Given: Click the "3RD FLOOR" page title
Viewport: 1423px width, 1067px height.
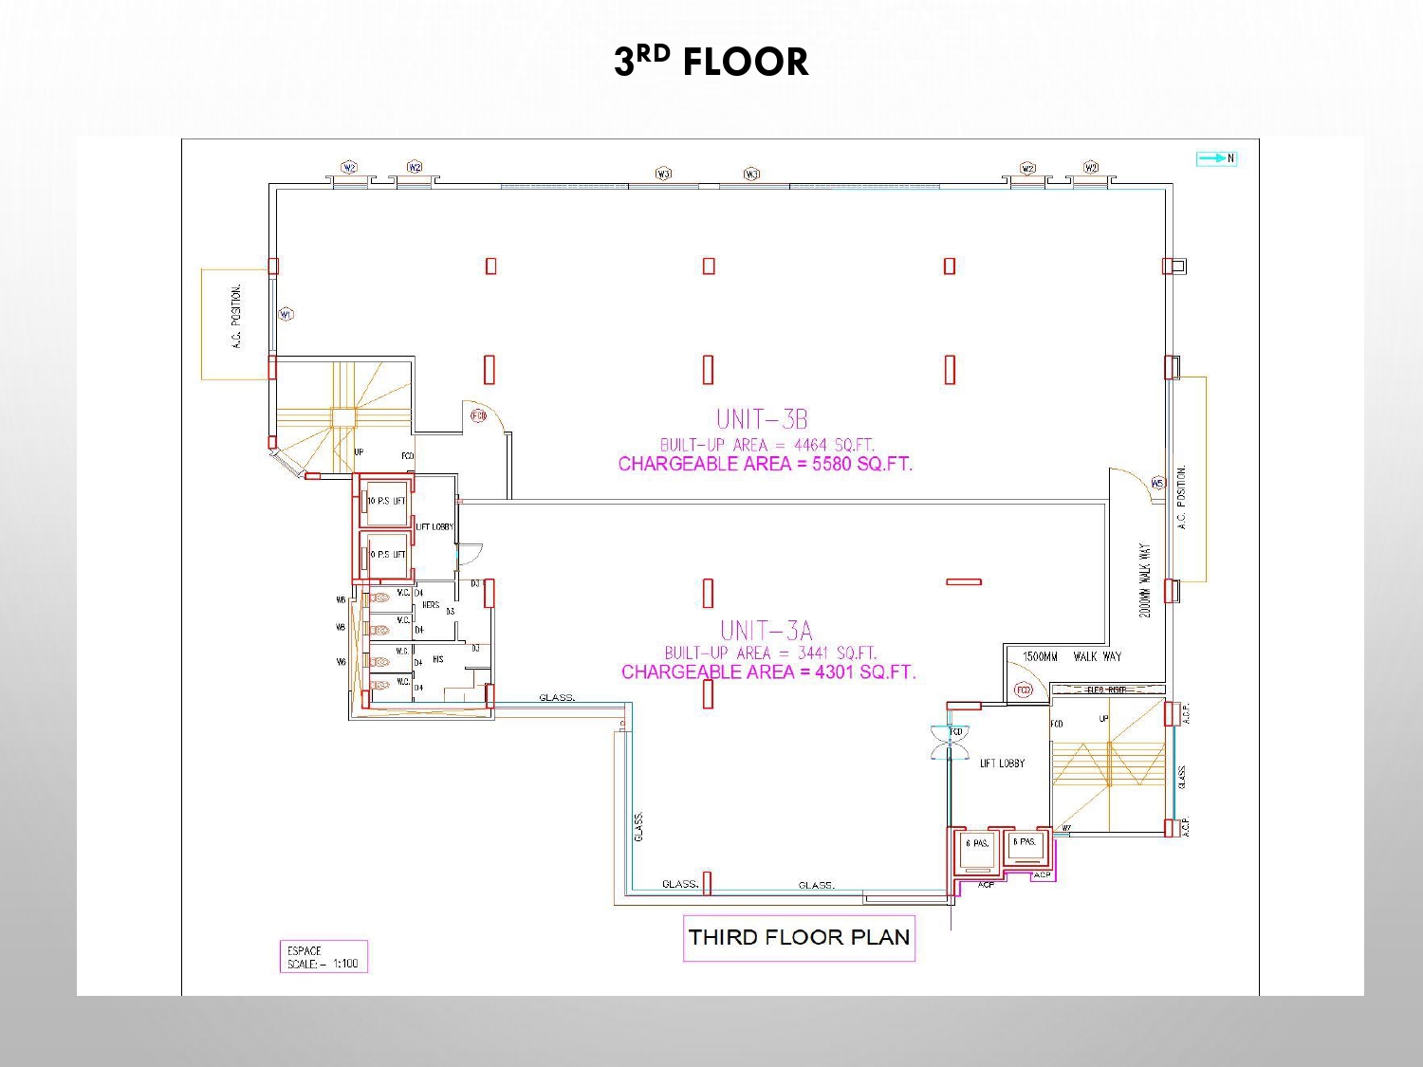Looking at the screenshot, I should tap(711, 62).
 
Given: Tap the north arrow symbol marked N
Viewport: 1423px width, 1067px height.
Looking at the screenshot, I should tap(1217, 158).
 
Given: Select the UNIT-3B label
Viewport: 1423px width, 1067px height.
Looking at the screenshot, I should tap(762, 418).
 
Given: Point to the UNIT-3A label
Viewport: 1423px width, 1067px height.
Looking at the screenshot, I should tap(766, 630).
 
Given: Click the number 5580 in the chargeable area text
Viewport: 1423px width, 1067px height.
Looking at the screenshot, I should tap(831, 464).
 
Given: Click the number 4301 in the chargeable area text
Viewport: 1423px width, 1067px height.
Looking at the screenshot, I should tap(834, 671).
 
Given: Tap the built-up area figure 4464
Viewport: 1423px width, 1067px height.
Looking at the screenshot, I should tap(812, 444).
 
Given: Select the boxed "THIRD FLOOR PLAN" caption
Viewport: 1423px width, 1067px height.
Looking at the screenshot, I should tap(799, 937).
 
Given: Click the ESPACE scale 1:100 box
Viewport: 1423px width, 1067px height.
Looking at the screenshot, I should tap(323, 957).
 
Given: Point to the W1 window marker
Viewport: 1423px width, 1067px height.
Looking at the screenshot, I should tap(286, 314).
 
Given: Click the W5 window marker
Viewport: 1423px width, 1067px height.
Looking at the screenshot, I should tap(1157, 483).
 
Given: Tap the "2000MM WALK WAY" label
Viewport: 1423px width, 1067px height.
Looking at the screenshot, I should tap(1145, 580).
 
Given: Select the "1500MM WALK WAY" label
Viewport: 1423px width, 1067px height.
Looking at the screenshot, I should tap(1071, 656).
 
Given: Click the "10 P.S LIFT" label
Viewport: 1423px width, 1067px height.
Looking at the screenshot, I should tap(387, 501).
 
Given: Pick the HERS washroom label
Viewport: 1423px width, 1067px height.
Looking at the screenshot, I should tap(430, 604).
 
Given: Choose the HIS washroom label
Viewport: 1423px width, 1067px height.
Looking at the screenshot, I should tap(437, 658).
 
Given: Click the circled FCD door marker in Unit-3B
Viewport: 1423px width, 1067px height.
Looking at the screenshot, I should tap(478, 415).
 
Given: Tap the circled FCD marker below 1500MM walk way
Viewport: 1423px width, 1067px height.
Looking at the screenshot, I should tap(1023, 690).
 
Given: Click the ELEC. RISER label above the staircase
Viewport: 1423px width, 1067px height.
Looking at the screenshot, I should tap(1106, 690).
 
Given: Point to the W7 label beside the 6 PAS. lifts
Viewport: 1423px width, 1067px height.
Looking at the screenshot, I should tap(1066, 828).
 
